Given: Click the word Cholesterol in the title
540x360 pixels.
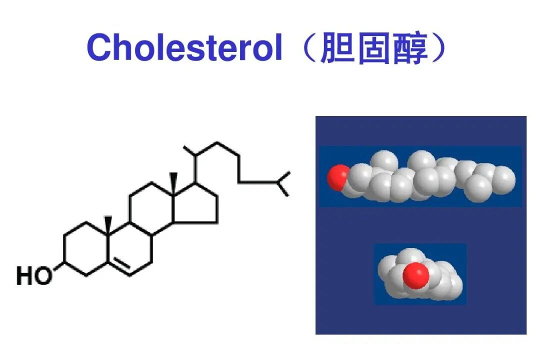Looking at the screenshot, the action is pos(184,48).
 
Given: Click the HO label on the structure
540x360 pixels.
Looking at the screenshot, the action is pos(34,276).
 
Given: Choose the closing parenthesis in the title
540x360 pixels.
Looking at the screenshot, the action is pos(440,48).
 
